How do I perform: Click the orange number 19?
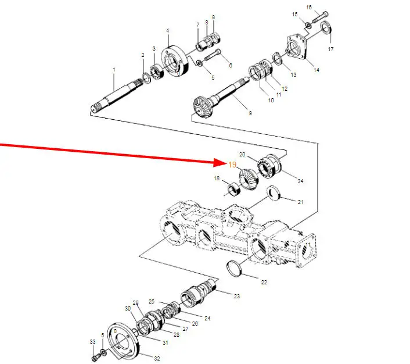232,165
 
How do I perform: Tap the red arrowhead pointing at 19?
220,163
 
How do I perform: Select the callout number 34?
300,181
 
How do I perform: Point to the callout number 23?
236,296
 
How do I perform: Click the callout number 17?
331,49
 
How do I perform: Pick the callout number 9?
250,113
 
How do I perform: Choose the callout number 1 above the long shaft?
114,70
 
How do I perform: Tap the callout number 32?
157,359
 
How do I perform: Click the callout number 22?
264,282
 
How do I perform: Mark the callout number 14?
317,70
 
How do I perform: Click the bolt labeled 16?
320,17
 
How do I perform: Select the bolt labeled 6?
213,55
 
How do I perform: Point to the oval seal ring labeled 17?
326,27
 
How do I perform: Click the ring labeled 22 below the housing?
233,268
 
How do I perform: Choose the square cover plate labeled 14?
297,47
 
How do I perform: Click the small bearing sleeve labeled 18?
233,189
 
